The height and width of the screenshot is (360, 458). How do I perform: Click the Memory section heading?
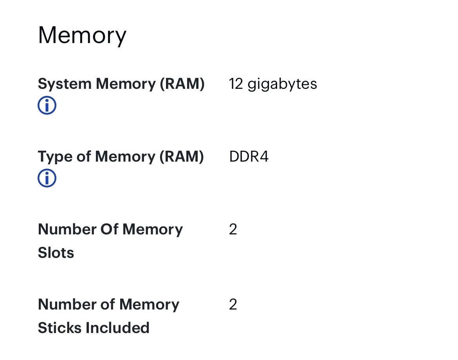click(x=82, y=36)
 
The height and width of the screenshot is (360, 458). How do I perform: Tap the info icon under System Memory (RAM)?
click(x=47, y=105)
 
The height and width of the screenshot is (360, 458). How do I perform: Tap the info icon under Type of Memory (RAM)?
click(x=47, y=178)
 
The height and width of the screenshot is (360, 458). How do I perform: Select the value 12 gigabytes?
click(x=273, y=85)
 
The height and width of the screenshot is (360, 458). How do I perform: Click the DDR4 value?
click(x=249, y=157)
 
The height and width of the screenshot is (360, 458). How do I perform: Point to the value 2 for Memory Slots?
click(x=233, y=229)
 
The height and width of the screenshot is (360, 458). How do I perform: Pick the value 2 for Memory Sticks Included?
click(x=233, y=304)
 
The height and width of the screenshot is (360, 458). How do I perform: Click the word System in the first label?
click(x=65, y=84)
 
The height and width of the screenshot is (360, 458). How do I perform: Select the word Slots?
click(x=56, y=252)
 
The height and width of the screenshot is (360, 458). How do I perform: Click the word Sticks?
click(x=60, y=328)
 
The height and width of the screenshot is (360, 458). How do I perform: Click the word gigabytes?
click(x=282, y=85)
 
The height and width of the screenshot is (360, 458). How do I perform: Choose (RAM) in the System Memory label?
click(x=182, y=84)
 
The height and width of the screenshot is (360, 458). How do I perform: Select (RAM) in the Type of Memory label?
click(x=181, y=157)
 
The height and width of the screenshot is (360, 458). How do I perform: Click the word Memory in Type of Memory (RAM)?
click(x=125, y=157)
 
